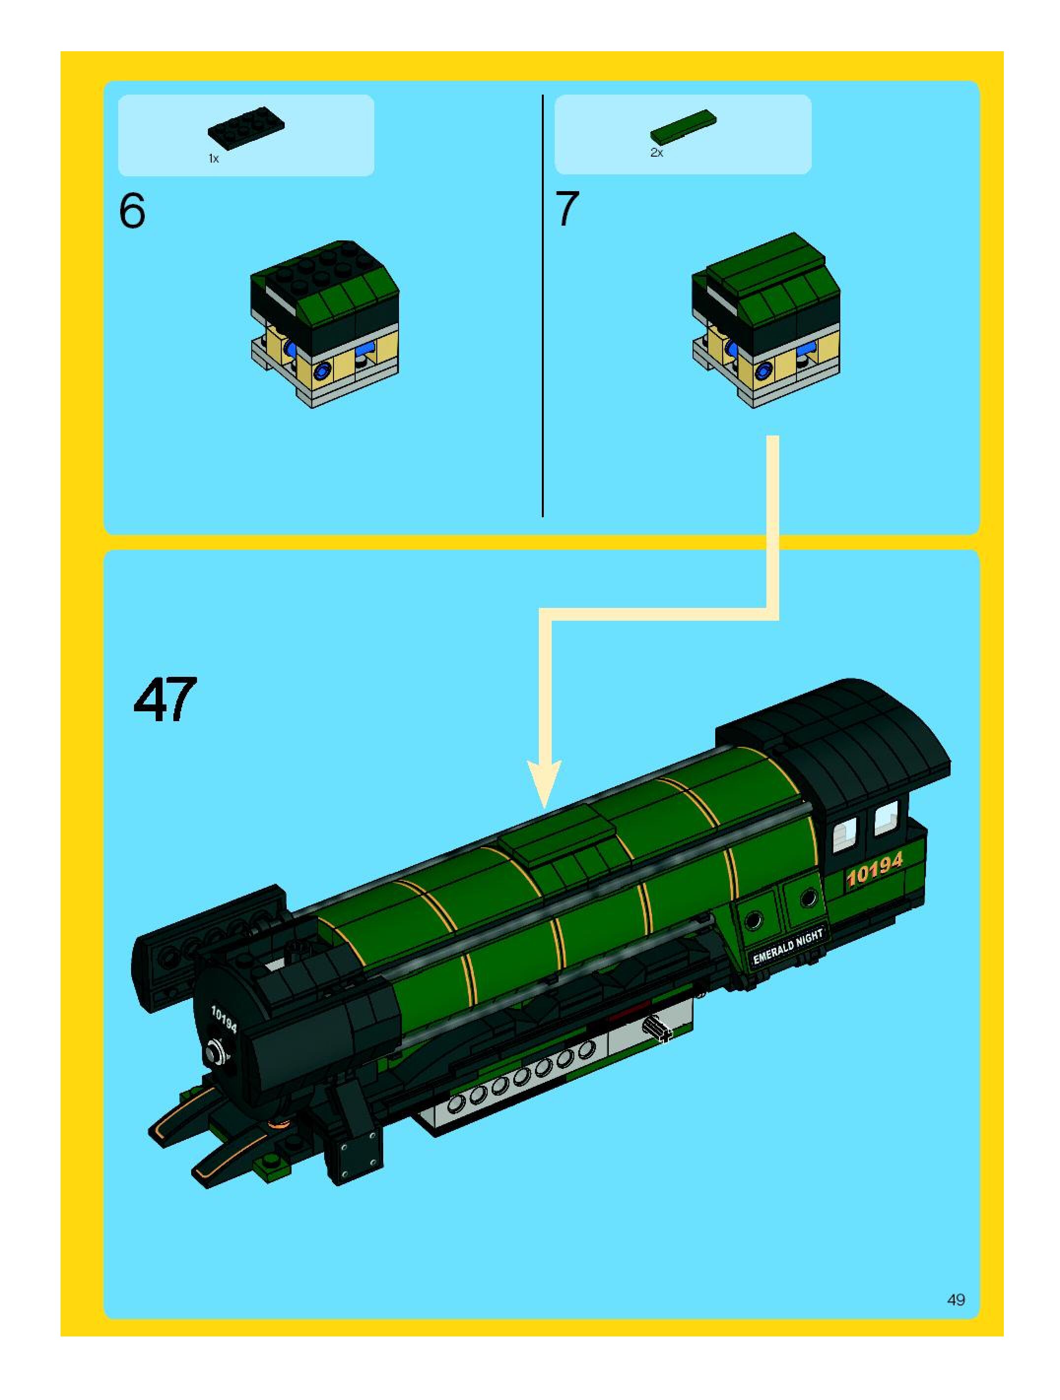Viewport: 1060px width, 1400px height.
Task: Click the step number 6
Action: tap(132, 211)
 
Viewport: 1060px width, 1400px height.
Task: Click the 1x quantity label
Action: tap(213, 159)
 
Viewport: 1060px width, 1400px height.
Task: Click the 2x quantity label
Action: tap(656, 153)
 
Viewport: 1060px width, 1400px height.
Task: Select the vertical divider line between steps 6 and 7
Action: tap(542, 304)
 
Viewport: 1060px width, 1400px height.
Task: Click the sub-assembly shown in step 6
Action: tap(324, 323)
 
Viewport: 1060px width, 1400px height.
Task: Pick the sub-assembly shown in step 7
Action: tap(766, 320)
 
